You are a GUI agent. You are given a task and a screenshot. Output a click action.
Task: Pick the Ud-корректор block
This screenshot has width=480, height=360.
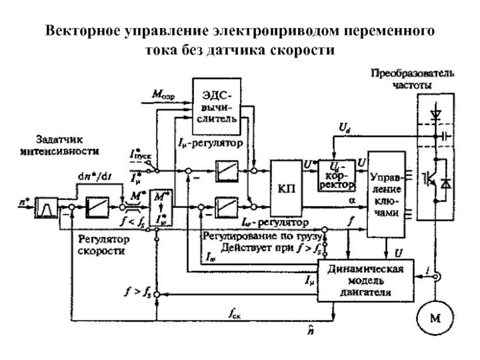[x=334, y=173]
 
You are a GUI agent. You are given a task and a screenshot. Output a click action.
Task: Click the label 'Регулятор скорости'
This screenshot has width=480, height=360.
[x=101, y=245]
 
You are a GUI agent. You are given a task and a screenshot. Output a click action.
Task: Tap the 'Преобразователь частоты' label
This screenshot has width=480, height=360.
[x=412, y=79]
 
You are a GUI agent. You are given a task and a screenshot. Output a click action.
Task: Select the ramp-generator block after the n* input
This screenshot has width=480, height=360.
[x=46, y=207]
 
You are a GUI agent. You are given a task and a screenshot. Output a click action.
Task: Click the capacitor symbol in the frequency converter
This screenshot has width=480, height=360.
[x=445, y=137]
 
